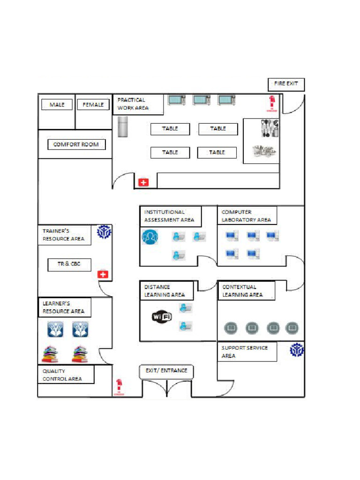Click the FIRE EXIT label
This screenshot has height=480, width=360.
tap(286, 84)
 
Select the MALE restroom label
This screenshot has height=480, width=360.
tap(57, 105)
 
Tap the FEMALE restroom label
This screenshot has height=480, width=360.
tap(93, 105)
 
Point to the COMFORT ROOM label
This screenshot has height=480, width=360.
tap(76, 144)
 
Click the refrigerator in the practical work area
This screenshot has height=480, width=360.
tap(123, 127)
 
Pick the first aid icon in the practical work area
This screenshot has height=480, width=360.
tap(143, 182)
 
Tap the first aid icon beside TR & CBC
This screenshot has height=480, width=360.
tap(103, 274)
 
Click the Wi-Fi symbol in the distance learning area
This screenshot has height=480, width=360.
tap(162, 317)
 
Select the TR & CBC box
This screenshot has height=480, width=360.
tap(69, 264)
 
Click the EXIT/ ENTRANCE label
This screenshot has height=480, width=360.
tap(166, 371)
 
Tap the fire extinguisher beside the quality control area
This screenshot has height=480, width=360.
tap(119, 387)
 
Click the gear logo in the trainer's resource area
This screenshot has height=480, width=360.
tap(104, 232)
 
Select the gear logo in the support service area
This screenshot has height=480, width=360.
tap(296, 350)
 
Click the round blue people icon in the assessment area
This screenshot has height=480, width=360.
tap(150, 237)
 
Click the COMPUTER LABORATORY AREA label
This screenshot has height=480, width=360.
tap(247, 216)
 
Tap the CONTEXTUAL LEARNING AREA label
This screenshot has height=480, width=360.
tap(246, 291)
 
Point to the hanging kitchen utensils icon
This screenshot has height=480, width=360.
tap(270, 128)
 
